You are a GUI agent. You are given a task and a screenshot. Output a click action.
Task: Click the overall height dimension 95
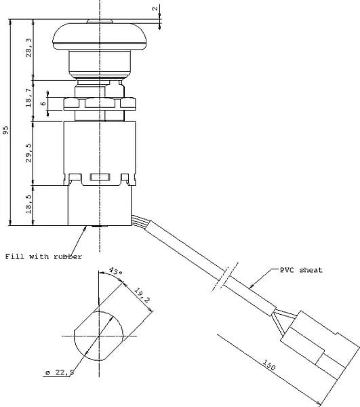coord(5,130)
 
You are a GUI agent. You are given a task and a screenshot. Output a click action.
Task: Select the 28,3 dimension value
coord(28,47)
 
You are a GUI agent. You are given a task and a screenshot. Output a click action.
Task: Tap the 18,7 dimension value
coord(28,98)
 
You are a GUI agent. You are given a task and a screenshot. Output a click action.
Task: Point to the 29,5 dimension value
coord(28,153)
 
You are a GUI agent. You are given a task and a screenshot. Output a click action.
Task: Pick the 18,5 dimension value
coord(28,205)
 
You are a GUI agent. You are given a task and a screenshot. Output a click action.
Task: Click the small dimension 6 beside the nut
coord(43,104)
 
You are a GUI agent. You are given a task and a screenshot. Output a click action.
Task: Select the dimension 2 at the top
coord(155,9)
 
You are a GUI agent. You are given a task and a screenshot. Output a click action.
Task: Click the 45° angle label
coord(116,271)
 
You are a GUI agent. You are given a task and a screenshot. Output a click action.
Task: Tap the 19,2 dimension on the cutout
coord(142,295)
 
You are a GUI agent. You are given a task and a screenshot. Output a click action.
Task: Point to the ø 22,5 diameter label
coord(60,372)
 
